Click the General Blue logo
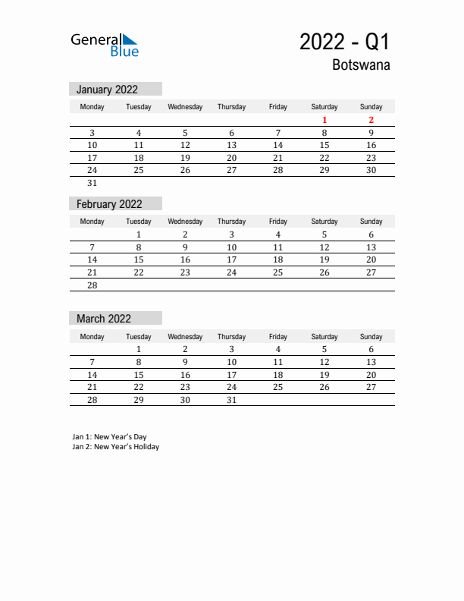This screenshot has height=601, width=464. pos(105,45)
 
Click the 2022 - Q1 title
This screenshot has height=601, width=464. pos(344,42)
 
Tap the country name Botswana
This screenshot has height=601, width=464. pos(361,65)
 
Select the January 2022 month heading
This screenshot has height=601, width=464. pos(107,90)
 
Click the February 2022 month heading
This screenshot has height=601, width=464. pos(109,204)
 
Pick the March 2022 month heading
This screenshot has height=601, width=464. pos(104,319)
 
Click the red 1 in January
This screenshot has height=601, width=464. pos(324,120)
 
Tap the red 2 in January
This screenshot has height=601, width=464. pos(371,120)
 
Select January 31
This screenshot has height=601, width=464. pos(92,183)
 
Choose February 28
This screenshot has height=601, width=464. pos(92,285)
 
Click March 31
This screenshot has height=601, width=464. pos(231,400)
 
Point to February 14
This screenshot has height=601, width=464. pos(92,260)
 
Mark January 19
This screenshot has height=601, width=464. pos(185,158)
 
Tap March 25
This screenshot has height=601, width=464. pos(277,387)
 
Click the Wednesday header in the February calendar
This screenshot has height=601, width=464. pos(185,222)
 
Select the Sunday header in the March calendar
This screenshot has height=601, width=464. pos(371,336)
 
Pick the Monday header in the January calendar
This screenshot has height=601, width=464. pos(92,107)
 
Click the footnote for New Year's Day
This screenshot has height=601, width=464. pos(109,437)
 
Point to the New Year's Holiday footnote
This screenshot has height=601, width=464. pos(115,447)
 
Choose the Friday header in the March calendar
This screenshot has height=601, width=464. pos(277,336)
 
